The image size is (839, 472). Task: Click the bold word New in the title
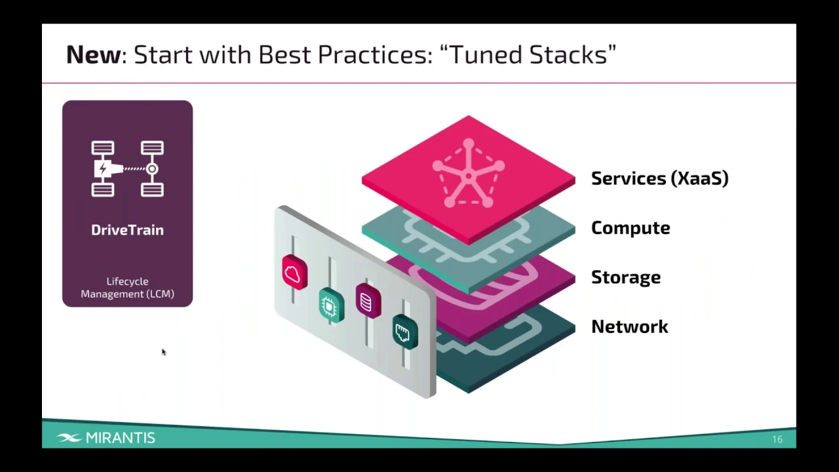93,54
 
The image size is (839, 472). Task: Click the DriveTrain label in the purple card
127,230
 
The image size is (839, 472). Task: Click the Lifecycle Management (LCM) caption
127,287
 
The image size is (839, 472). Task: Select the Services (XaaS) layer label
659,178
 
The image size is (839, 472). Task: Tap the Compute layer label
631,228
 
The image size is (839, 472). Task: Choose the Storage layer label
626,277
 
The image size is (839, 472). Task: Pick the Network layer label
630,326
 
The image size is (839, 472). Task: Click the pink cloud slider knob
295,272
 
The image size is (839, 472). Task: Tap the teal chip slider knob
332,305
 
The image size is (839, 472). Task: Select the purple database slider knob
368,301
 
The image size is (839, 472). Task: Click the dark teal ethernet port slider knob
405,332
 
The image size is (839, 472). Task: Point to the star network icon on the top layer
468,174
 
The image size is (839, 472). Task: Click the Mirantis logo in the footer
106,438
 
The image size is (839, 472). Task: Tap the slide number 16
777,439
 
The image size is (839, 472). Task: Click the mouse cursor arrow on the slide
163,352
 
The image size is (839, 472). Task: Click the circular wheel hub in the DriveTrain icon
151,169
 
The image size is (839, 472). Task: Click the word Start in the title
163,54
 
